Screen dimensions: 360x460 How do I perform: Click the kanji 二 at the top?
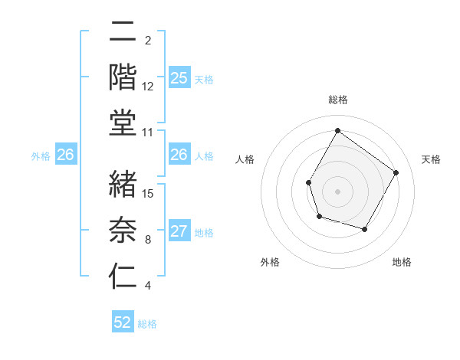[123, 32]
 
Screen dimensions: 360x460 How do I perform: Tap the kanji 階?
[123, 77]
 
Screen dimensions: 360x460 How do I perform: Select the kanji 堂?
[123, 123]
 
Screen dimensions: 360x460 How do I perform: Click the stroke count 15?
[149, 193]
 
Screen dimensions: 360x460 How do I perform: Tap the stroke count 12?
[149, 87]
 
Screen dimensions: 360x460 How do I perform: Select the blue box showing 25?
[179, 78]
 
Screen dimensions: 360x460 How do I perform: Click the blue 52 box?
[123, 322]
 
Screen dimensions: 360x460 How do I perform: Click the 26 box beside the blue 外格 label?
[66, 155]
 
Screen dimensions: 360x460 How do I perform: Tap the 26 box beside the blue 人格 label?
[179, 155]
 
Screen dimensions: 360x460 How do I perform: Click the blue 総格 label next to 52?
[147, 324]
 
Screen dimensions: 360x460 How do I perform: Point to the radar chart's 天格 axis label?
[431, 159]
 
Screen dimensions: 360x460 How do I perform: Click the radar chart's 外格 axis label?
[270, 262]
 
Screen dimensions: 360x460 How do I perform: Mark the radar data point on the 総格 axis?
[337, 131]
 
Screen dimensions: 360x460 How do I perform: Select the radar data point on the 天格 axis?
[396, 172]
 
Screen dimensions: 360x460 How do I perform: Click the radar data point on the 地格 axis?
[365, 230]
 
